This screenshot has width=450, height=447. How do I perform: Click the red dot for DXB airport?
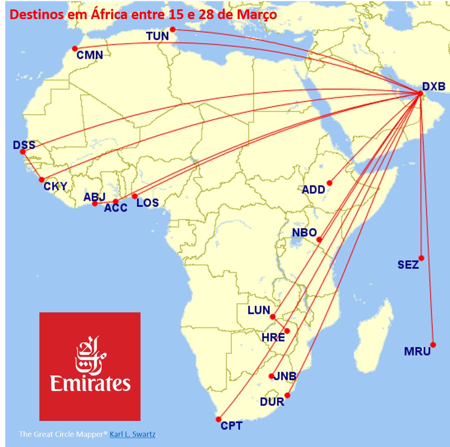(x=420, y=94)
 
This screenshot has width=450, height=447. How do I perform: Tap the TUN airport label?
(x=158, y=36)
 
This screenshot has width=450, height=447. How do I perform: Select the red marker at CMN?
(x=75, y=48)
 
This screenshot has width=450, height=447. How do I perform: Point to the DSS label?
(x=24, y=145)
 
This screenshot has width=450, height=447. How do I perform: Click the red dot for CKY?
(x=41, y=180)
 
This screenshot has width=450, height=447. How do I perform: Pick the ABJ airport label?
(x=94, y=197)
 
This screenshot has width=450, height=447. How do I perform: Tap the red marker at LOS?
(x=135, y=196)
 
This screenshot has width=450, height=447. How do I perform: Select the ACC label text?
(x=116, y=208)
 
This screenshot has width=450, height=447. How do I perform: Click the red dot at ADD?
(x=329, y=183)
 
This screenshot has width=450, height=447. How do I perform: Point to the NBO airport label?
(x=304, y=233)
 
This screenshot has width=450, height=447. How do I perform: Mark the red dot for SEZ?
(x=421, y=258)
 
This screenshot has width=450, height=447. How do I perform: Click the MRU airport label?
(x=417, y=351)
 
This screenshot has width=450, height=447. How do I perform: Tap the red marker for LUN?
(x=273, y=316)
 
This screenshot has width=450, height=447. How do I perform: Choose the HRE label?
(x=273, y=338)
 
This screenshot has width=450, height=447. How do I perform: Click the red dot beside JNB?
(x=271, y=376)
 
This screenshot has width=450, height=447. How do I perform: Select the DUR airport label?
(x=272, y=402)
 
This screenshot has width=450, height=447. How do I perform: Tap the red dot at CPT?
(x=219, y=419)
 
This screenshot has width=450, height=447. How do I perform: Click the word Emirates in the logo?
(x=90, y=384)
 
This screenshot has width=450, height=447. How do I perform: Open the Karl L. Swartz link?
(x=132, y=434)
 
